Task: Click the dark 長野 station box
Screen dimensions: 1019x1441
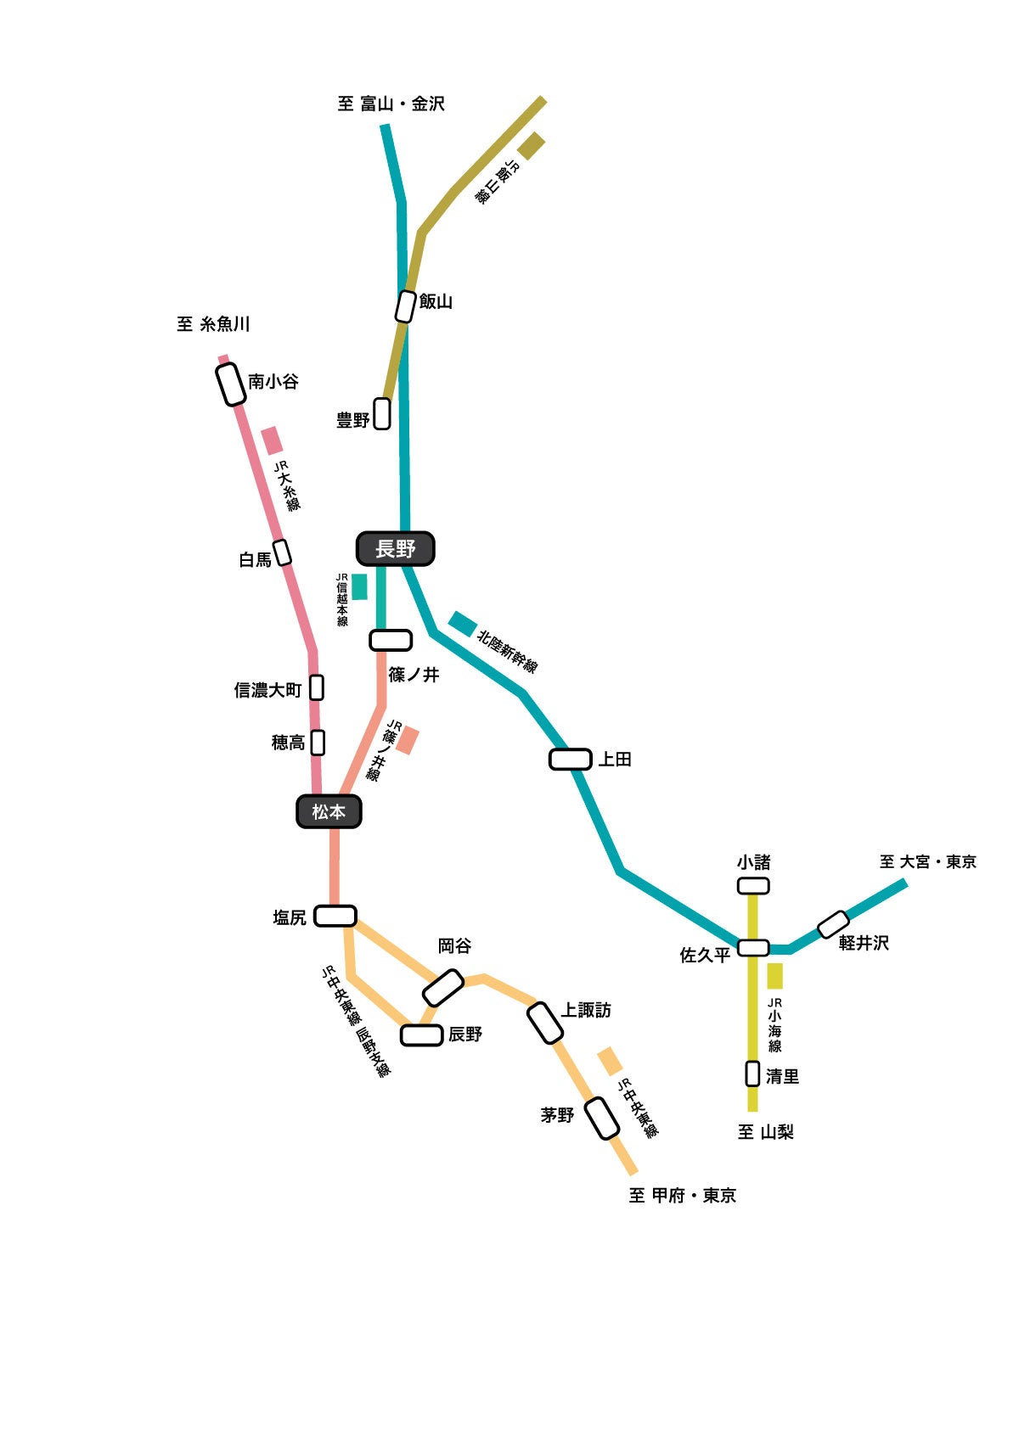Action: coord(396,549)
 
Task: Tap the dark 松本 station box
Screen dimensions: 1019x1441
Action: coord(329,812)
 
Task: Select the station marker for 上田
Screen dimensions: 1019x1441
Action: coord(570,759)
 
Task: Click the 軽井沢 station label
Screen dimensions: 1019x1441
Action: coord(864,943)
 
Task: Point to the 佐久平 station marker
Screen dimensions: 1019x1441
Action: coord(753,947)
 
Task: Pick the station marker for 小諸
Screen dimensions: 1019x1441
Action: coord(753,886)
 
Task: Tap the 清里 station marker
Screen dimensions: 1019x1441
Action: coord(752,1074)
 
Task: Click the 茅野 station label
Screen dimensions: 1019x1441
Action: coord(558,1115)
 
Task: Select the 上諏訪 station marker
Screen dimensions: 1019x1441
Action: coord(545,1023)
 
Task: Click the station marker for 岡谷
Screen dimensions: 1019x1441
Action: coord(443,988)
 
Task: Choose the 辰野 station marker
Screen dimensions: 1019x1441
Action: coord(421,1034)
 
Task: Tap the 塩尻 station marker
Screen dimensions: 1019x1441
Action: coord(335,916)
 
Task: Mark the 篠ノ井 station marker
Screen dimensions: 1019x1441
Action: coord(391,640)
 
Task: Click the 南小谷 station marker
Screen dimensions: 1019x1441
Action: coord(231,384)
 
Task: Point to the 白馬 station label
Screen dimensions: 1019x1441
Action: coord(256,560)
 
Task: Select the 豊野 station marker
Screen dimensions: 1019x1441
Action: coord(383,413)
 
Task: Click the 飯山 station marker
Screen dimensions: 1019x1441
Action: coord(406,306)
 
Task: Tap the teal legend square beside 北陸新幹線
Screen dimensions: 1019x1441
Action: coord(463,624)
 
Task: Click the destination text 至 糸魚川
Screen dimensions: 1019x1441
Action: coord(213,324)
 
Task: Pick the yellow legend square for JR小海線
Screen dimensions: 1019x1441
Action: coord(774,976)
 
